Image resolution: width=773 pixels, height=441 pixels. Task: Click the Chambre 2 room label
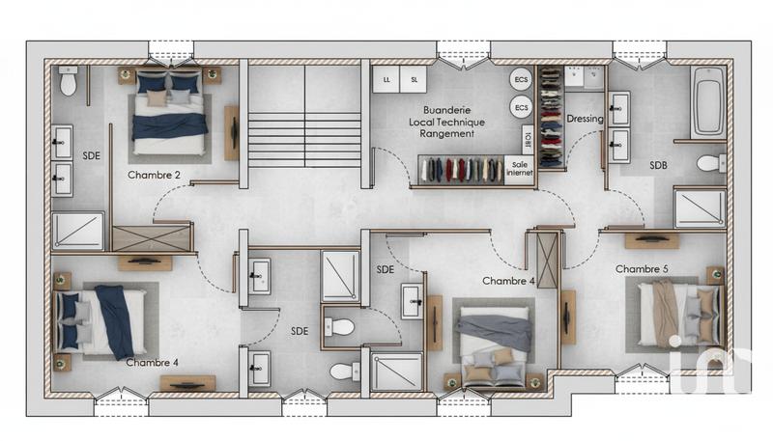click(x=155, y=176)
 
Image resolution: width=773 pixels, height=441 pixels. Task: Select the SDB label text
click(x=658, y=165)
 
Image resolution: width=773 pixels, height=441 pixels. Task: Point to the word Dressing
click(x=585, y=119)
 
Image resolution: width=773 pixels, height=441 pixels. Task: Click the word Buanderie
click(x=446, y=111)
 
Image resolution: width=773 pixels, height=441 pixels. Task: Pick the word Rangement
click(x=446, y=135)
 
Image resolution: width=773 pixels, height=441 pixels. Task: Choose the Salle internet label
click(x=520, y=171)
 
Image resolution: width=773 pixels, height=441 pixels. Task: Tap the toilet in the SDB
click(x=710, y=162)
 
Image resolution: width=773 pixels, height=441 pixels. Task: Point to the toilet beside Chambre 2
click(x=69, y=84)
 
